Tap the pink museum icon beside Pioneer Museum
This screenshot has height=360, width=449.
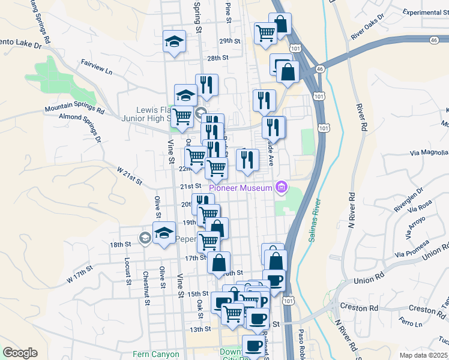(280, 188)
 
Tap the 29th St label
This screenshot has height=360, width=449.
(229, 41)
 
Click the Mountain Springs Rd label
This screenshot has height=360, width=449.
(74, 110)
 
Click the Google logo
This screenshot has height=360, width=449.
(20, 353)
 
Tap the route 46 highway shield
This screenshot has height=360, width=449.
(434, 40)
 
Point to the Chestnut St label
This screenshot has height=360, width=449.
(146, 288)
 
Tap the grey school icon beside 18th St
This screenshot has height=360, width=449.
(144, 238)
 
